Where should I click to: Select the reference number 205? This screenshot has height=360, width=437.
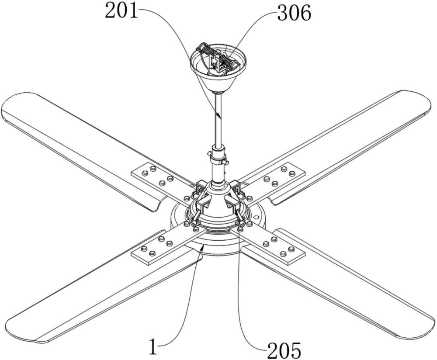point(284,350)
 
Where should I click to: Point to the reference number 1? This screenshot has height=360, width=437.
point(153,346)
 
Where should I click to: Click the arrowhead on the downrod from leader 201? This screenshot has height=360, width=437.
point(219,115)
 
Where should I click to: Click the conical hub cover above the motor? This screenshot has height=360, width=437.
point(218,201)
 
